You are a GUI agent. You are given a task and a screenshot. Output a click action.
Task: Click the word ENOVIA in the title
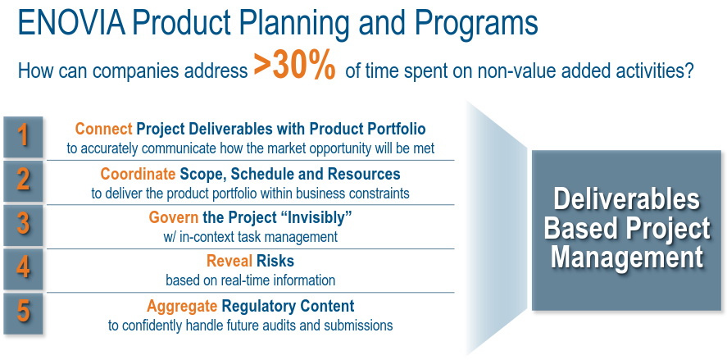pyautogui.click(x=71, y=23)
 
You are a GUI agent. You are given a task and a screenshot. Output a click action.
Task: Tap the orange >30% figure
pyautogui.click(x=294, y=66)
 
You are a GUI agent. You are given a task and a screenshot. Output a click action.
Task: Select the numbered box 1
pyautogui.click(x=23, y=137)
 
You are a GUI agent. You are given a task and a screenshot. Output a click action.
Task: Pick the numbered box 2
pyautogui.click(x=23, y=181)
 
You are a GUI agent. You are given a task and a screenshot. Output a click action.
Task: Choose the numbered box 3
pyautogui.click(x=23, y=225)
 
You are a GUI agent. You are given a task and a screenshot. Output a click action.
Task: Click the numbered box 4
pyautogui.click(x=23, y=269)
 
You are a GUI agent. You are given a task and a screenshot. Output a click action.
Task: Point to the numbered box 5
pyautogui.click(x=23, y=313)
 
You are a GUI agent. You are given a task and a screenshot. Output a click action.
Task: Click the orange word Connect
pyautogui.click(x=104, y=129)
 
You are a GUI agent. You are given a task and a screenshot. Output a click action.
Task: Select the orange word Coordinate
pyautogui.click(x=138, y=174)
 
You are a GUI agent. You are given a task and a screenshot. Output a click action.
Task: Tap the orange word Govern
pyautogui.click(x=174, y=217)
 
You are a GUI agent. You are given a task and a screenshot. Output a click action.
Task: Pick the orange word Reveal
pyautogui.click(x=229, y=262)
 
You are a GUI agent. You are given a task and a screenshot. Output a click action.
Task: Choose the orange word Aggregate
pyautogui.click(x=182, y=306)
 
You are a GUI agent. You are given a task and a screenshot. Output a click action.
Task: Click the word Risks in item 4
pyautogui.click(x=275, y=262)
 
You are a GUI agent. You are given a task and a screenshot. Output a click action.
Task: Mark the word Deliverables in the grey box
pyautogui.click(x=626, y=198)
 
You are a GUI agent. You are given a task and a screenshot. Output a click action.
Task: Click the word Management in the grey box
pyautogui.click(x=627, y=257)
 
